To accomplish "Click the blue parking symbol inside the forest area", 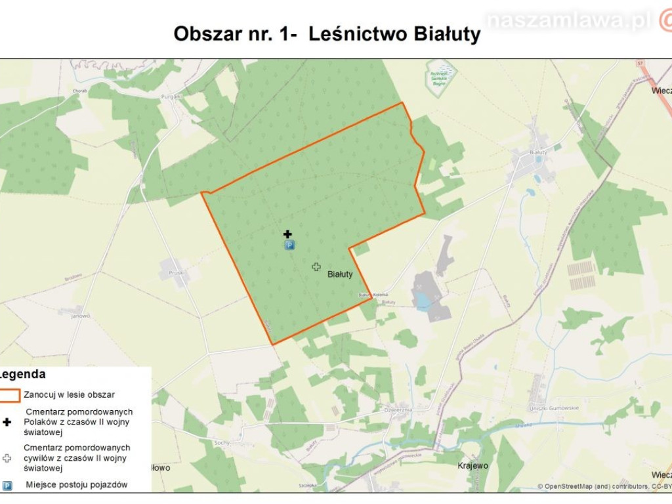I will [x=289, y=245].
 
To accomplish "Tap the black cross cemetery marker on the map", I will [x=287, y=234].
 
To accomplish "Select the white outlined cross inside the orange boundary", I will [x=316, y=266].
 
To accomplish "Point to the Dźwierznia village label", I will [x=398, y=407].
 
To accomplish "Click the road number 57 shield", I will [x=639, y=62].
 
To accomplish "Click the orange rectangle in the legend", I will [x=10, y=395].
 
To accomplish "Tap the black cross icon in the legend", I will [x=7, y=422].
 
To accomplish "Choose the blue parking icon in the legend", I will [x=7, y=486].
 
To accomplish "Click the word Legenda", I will [x=23, y=375].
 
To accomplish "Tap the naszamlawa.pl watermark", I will [x=568, y=21].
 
